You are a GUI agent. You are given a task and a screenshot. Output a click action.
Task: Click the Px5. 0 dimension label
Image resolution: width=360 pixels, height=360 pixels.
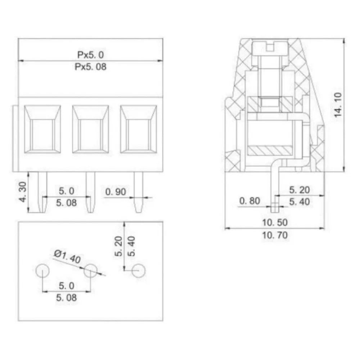90,55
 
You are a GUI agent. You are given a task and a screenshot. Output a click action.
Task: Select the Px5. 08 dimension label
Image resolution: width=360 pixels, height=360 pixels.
90,67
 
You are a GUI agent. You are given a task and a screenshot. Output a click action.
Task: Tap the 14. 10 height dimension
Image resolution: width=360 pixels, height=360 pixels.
338,105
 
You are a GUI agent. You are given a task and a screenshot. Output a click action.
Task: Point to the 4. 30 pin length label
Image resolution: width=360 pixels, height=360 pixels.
23,192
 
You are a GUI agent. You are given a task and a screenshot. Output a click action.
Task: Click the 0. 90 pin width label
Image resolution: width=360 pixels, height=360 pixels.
116,192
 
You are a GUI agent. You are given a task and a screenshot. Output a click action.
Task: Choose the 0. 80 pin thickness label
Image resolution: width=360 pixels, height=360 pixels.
249,201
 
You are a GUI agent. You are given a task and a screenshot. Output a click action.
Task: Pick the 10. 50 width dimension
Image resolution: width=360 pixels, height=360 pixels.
275,222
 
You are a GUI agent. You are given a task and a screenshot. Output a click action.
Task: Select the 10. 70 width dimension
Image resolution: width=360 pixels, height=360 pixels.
275,235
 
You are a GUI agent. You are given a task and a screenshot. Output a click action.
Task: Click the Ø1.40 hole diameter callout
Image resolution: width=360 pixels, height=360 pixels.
67,256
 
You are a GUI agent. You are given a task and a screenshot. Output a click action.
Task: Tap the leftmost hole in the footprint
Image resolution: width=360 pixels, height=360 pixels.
42,271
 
